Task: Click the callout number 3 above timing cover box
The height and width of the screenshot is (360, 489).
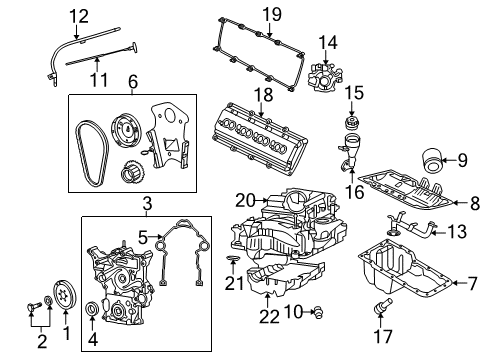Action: click(x=146, y=204)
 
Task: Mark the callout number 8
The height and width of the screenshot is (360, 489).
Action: click(x=474, y=203)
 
